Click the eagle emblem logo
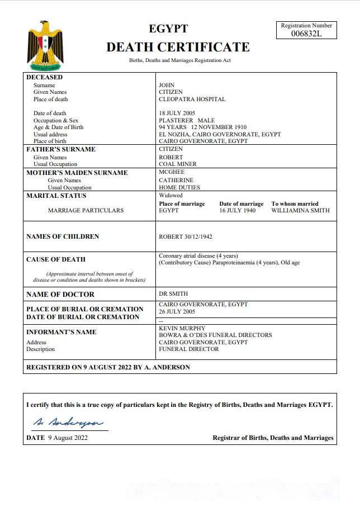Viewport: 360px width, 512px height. click(45, 44)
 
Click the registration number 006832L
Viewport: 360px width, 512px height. click(306, 34)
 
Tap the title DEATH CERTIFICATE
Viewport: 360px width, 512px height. click(178, 47)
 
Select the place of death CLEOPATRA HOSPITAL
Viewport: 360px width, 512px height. click(192, 99)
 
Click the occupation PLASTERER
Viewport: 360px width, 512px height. click(176, 121)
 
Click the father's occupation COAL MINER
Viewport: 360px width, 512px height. click(178, 164)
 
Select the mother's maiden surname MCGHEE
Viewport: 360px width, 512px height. click(172, 173)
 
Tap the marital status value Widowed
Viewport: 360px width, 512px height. click(170, 196)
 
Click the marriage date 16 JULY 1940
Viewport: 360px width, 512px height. click(237, 211)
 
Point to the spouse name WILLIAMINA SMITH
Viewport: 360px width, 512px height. click(300, 211)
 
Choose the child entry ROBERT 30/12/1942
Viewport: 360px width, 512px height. click(186, 237)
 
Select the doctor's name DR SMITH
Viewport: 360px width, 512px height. click(173, 294)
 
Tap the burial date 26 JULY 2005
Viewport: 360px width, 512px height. click(177, 312)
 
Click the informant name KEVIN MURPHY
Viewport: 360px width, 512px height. click(182, 329)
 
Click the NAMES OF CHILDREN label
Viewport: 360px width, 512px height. click(63, 237)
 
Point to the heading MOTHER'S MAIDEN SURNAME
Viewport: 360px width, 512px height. click(77, 173)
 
